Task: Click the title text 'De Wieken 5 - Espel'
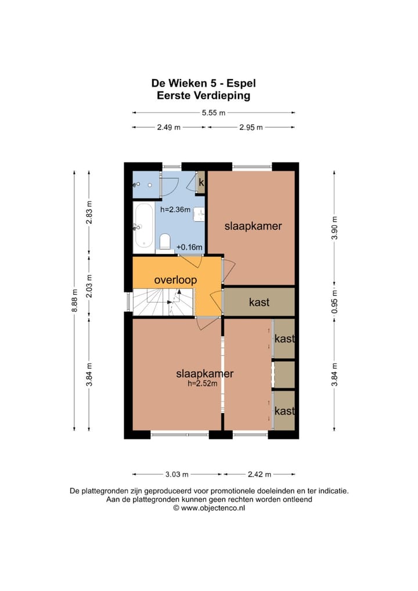[203, 84]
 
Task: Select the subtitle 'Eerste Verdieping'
[203, 96]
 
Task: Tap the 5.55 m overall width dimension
[213, 113]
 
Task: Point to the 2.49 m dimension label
[168, 128]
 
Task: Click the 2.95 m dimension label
[251, 128]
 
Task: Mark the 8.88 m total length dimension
[74, 301]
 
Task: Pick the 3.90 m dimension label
[334, 226]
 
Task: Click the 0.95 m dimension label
[334, 301]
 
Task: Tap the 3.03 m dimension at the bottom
[178, 474]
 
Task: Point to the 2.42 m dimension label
[260, 474]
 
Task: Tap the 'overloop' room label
[175, 280]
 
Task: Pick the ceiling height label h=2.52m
[202, 384]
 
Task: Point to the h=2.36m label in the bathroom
[175, 210]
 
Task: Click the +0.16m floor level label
[189, 248]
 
